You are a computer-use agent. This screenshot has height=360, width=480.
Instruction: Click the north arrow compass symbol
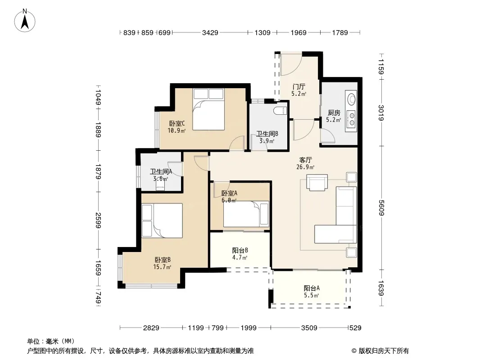pyautogui.click(x=25, y=20)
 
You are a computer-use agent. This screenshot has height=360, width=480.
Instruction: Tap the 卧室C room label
pyautogui.click(x=177, y=124)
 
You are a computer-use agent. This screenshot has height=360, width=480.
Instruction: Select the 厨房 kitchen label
pyautogui.click(x=334, y=113)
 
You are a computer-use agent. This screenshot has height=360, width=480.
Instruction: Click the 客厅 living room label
pyautogui.click(x=305, y=160)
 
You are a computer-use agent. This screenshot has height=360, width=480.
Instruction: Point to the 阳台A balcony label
pyautogui.click(x=312, y=288)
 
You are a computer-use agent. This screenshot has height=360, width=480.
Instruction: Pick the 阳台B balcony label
pyautogui.click(x=240, y=251)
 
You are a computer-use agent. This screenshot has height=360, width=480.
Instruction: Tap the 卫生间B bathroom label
pyautogui.click(x=267, y=134)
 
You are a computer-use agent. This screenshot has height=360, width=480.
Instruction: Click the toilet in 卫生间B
pyautogui.click(x=281, y=111)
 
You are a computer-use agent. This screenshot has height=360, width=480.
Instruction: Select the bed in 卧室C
pyautogui.click(x=208, y=109)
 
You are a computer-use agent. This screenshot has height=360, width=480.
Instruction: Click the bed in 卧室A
pyautogui.click(x=246, y=214)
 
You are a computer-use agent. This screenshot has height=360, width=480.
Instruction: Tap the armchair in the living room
pyautogui.click(x=317, y=183)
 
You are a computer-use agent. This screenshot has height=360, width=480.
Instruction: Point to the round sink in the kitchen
pyautogui.click(x=352, y=99)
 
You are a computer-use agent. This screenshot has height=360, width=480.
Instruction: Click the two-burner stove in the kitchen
pyautogui.click(x=352, y=119)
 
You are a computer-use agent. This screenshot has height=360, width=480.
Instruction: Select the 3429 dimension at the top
pyautogui.click(x=210, y=32)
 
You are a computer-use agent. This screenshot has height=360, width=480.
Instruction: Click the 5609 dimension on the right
pyautogui.click(x=381, y=208)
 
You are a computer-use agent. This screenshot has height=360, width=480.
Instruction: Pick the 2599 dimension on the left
pyautogui.click(x=98, y=220)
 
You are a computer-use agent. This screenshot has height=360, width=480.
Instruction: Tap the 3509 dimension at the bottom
pyautogui.click(x=309, y=328)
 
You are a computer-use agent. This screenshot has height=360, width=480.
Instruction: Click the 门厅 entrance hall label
pyautogui.click(x=299, y=87)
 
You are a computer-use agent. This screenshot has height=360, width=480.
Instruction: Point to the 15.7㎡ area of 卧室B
pyautogui.click(x=162, y=267)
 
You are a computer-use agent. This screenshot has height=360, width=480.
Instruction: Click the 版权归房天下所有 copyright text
pyautogui.click(x=384, y=351)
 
